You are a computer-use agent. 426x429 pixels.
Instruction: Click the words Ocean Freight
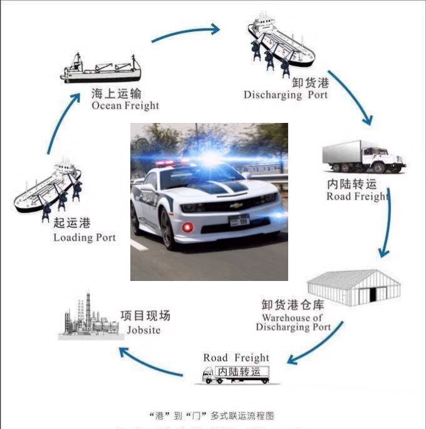(125, 106)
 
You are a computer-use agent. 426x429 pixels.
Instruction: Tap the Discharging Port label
(285, 95)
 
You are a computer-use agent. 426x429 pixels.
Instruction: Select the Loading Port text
(85, 238)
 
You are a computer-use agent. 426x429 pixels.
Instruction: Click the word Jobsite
(143, 330)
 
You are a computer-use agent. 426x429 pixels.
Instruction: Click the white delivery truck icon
(362, 157)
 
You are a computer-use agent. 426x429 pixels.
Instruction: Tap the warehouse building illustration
(354, 289)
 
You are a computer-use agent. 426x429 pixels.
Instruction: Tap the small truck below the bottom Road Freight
(236, 374)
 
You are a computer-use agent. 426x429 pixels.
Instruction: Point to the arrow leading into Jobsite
(150, 364)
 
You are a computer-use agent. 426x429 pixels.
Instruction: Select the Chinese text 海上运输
(117, 93)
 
